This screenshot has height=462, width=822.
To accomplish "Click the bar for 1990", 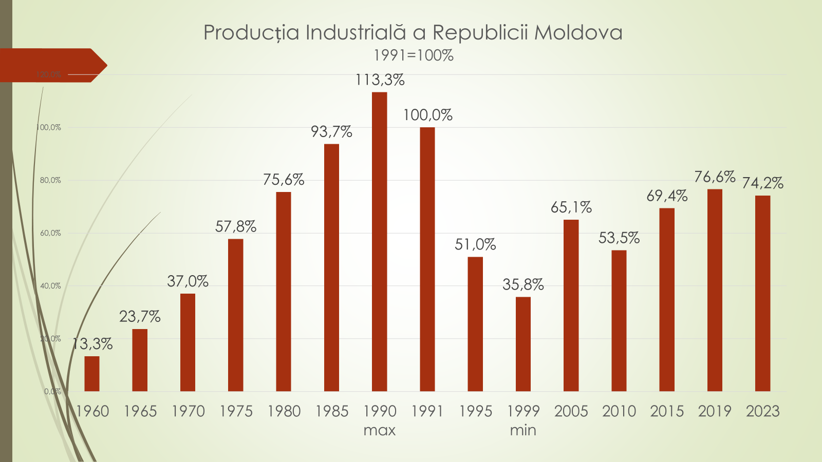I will pyautogui.click(x=379, y=242).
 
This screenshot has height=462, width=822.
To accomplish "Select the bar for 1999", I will pyautogui.click(x=523, y=344).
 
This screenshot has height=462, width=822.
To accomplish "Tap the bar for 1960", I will pyautogui.click(x=92, y=374).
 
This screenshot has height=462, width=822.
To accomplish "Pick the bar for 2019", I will pyautogui.click(x=715, y=290).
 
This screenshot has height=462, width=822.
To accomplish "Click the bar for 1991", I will pyautogui.click(x=427, y=259).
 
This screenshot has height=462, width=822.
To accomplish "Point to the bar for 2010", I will pyautogui.click(x=619, y=321).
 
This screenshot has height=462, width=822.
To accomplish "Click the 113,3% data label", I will pyautogui.click(x=380, y=80).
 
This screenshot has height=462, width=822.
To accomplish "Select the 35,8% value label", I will pyautogui.click(x=523, y=284).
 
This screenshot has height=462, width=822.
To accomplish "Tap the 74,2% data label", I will pyautogui.click(x=762, y=183).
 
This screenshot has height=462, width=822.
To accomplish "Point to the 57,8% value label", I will pyautogui.click(x=236, y=226).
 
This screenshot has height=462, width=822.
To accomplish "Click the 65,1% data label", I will pyautogui.click(x=571, y=207).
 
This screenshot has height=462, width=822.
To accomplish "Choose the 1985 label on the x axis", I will pyautogui.click(x=332, y=411).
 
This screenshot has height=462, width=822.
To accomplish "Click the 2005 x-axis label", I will pyautogui.click(x=571, y=411).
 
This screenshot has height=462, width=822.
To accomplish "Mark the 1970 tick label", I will pyautogui.click(x=188, y=411).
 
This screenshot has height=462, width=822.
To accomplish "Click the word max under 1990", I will pyautogui.click(x=379, y=430).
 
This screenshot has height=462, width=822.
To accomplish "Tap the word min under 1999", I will pyautogui.click(x=523, y=430).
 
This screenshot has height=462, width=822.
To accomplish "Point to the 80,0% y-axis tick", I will pyautogui.click(x=50, y=180).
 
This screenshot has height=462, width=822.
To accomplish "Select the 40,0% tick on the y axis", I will pyautogui.click(x=50, y=286).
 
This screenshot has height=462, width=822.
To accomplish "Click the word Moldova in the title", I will pyautogui.click(x=578, y=32).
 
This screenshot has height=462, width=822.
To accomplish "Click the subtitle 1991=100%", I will pyautogui.click(x=413, y=55).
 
